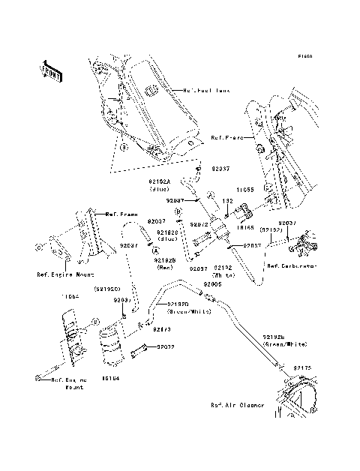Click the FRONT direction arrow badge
pos(51,70)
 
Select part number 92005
pos(211,286)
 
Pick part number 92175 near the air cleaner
pos(302,367)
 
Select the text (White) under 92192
pos(223,275)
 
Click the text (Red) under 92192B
pos(164,267)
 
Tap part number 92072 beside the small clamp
pos(166,347)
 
